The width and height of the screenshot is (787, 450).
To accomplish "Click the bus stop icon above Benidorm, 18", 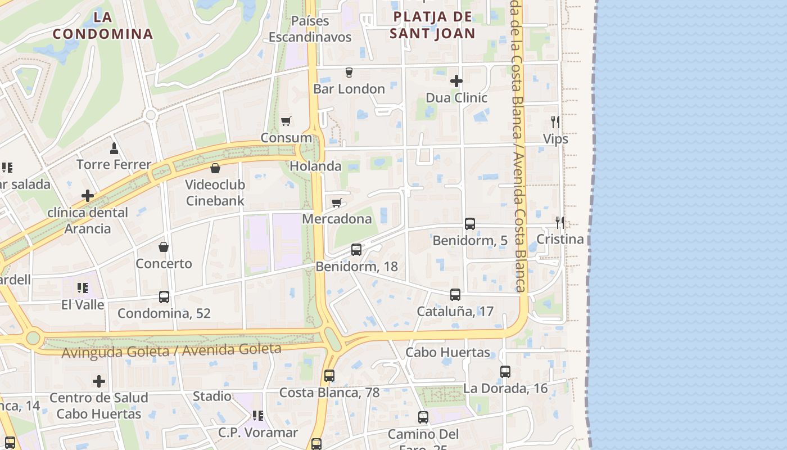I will coord(356,249).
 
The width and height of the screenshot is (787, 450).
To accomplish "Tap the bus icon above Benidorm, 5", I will coord(470,223).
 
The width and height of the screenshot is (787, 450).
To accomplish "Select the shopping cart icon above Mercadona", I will coord(336,202).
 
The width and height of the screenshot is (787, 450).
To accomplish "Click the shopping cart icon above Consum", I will coord(286,121).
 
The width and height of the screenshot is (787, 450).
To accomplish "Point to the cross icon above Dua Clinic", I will coord(456,81).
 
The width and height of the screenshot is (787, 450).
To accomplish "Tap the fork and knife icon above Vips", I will coord(555,121).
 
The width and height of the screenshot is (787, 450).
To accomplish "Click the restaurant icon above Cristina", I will coord(559,222).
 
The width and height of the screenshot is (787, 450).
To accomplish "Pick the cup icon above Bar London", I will coord(349,72).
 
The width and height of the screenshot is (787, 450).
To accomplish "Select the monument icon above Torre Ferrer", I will coord(114,148).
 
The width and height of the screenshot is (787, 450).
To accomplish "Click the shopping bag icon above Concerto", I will coord(164,246).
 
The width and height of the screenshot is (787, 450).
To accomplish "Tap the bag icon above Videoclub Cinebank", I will coord(215,168).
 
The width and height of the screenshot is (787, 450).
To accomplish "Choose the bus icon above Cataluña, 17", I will coord(455,294).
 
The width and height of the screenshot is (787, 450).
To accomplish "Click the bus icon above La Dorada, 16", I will coord(505,371).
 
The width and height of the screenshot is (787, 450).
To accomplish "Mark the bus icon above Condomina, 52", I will coord(164,296).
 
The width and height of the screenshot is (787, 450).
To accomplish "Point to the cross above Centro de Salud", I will coord(99,381).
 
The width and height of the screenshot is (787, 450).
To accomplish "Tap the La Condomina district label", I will coord(103,25).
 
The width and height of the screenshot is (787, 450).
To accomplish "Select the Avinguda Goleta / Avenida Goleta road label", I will coord(171,351).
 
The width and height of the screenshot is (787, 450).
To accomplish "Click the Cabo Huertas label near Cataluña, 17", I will coord(447,353).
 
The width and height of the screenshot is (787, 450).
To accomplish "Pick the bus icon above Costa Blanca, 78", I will coord(329,375).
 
